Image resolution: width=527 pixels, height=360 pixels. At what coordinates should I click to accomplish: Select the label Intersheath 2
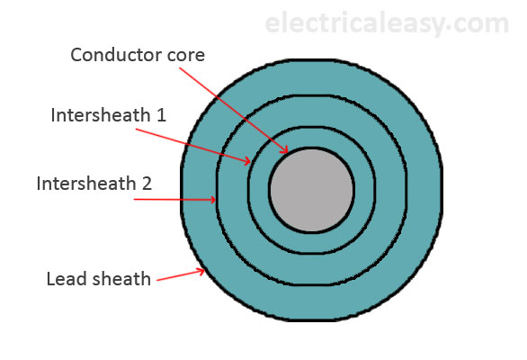[94, 184]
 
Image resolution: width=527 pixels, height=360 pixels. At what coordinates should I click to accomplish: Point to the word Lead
[65, 278]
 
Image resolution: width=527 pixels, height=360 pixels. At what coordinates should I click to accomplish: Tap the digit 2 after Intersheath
[147, 184]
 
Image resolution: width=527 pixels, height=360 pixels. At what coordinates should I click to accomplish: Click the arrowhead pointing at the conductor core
[285, 152]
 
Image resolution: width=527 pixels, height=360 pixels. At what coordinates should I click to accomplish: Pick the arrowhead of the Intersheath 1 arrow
[247, 162]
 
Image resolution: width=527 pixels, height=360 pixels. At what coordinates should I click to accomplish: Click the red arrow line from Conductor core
[243, 112]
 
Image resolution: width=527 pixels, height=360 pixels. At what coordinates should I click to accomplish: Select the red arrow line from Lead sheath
[180, 275]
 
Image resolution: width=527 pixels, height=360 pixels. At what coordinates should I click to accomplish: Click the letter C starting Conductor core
[77, 55]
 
